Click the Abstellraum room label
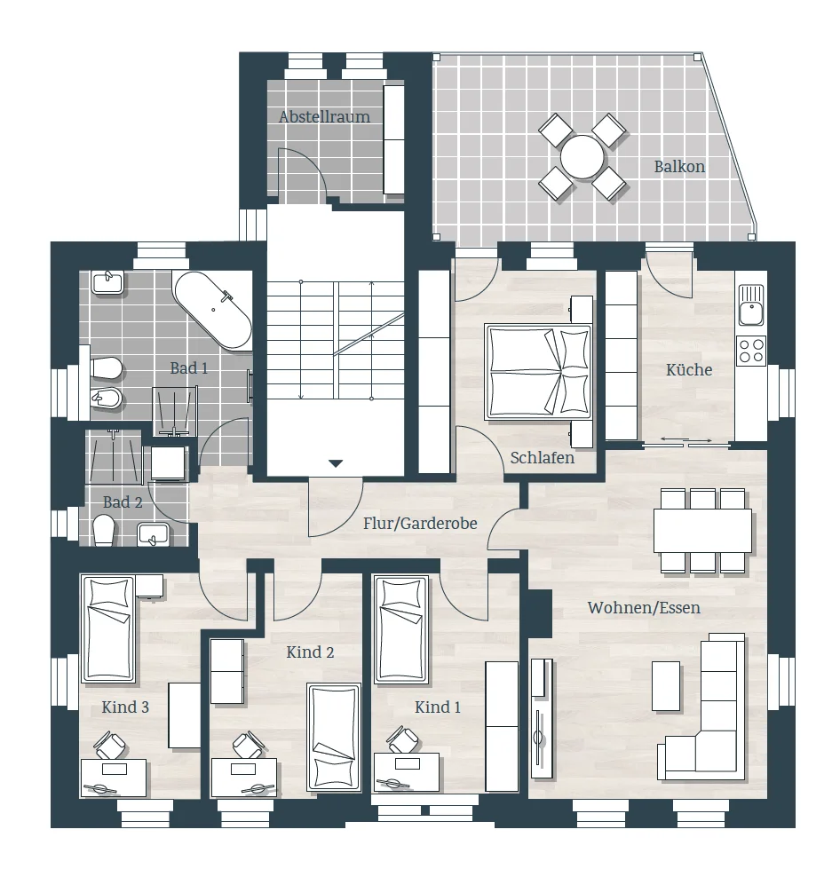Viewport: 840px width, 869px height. (x=324, y=117)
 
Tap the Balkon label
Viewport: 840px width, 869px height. (x=679, y=166)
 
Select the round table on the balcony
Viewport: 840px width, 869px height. (x=582, y=157)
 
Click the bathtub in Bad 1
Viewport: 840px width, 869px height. (x=213, y=311)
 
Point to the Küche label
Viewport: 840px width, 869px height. (x=689, y=369)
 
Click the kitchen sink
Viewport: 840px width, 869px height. (x=750, y=304)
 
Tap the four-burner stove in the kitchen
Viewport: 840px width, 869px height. (x=750, y=351)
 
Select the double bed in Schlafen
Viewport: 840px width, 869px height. (x=538, y=372)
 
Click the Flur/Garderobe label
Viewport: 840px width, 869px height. (x=420, y=524)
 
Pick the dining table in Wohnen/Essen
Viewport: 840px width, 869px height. (x=702, y=531)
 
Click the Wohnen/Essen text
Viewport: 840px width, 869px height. (x=644, y=608)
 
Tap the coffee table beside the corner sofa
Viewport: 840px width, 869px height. (x=666, y=686)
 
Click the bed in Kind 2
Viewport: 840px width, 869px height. (x=334, y=736)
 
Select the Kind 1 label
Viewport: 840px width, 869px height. (x=438, y=707)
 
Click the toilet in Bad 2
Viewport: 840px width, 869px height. (x=104, y=530)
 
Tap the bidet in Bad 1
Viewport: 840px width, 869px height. (x=106, y=398)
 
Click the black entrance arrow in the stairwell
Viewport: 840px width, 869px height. (x=336, y=463)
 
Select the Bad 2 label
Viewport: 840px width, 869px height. (x=123, y=502)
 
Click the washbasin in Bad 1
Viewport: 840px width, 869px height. (x=108, y=282)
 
